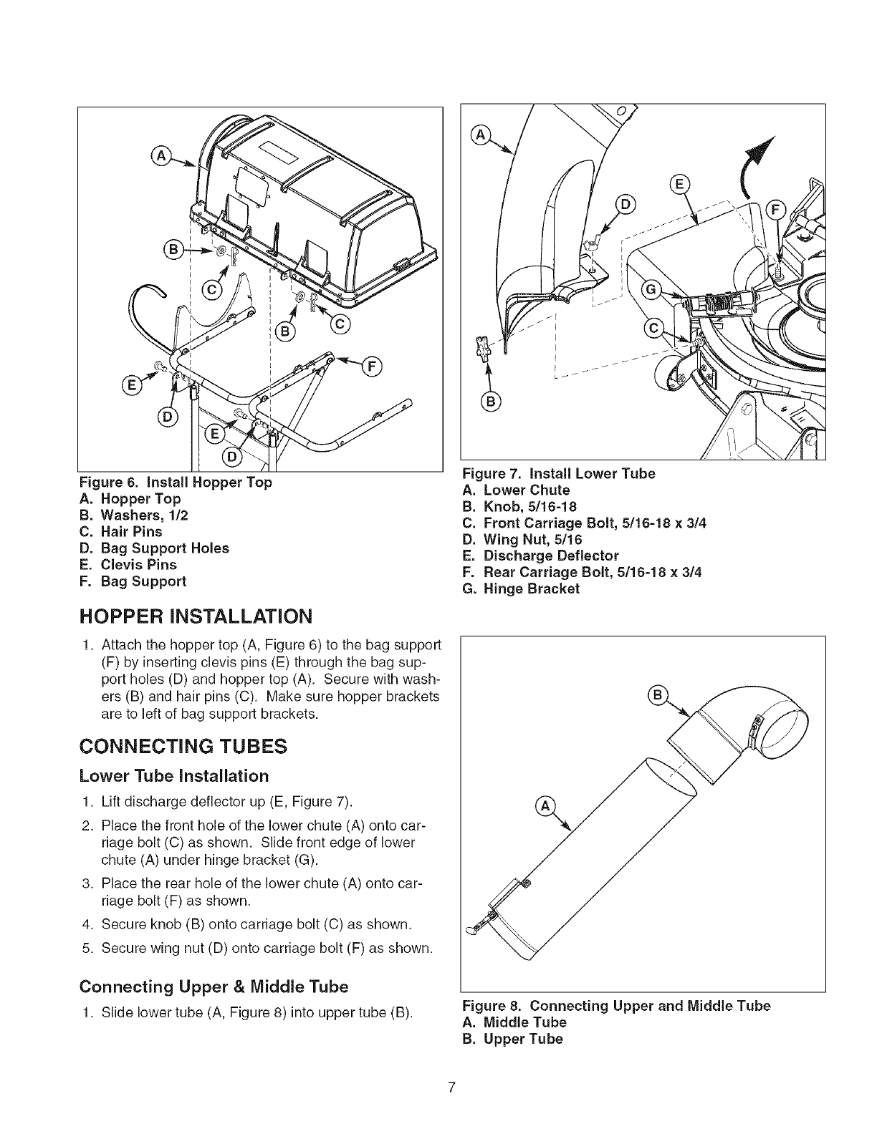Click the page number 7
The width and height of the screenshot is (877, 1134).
451,1088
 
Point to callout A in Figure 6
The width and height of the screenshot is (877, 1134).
161,155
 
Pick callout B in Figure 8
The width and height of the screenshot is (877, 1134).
656,695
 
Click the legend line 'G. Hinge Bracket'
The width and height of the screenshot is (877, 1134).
521,588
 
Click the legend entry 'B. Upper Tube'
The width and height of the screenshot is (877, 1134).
513,1039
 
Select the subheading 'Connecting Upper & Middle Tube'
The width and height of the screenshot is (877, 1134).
214,987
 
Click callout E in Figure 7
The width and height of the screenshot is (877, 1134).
677,183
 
